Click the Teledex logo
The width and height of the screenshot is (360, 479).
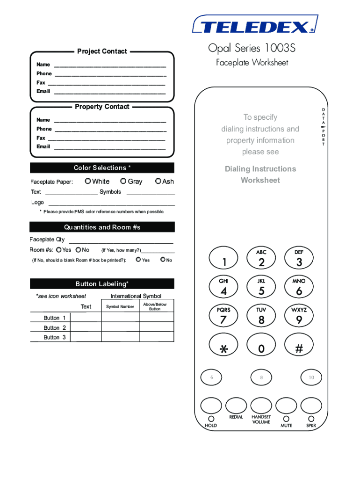(255, 25)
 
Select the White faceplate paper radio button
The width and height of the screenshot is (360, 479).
(88, 181)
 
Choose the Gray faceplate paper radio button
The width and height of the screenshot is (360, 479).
(123, 181)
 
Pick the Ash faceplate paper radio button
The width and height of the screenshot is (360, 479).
(158, 181)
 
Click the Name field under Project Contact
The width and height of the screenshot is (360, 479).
(110, 65)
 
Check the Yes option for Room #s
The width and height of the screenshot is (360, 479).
(58, 250)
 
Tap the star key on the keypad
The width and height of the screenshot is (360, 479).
(224, 347)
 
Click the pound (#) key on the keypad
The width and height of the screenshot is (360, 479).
(299, 347)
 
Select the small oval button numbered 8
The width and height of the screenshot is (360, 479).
(261, 377)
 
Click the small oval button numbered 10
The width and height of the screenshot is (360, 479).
(311, 377)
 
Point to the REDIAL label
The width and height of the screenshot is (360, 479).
(236, 417)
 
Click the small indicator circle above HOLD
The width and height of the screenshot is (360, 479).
(211, 419)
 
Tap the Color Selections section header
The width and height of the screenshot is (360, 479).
(102, 168)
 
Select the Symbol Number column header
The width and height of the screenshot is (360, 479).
(120, 307)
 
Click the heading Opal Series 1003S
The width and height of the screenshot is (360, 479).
(252, 49)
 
